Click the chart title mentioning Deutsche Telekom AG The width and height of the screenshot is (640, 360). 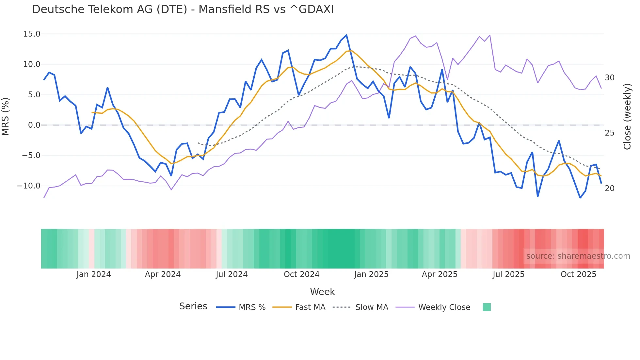tap(183, 9)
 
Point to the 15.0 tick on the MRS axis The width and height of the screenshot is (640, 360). tap(32, 34)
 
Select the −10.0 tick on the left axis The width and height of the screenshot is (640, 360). tap(29, 186)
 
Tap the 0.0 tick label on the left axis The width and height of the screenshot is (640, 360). tap(34, 125)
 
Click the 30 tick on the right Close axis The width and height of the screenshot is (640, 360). tap(609, 78)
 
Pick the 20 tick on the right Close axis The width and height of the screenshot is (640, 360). tap(609, 188)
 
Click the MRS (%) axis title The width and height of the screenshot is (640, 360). tap(6, 116)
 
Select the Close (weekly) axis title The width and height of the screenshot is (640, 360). tap(627, 117)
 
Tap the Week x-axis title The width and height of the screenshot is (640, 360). tap(322, 292)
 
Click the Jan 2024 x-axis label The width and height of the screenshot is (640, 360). tap(94, 274)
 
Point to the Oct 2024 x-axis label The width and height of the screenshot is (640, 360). tap(301, 274)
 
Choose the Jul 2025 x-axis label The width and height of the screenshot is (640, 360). tap(508, 274)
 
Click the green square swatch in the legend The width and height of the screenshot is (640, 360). tap(487, 307)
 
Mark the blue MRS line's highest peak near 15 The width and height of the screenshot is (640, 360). tap(346, 35)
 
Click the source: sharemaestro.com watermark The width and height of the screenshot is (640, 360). tap(578, 256)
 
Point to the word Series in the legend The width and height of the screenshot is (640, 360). tap(193, 306)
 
